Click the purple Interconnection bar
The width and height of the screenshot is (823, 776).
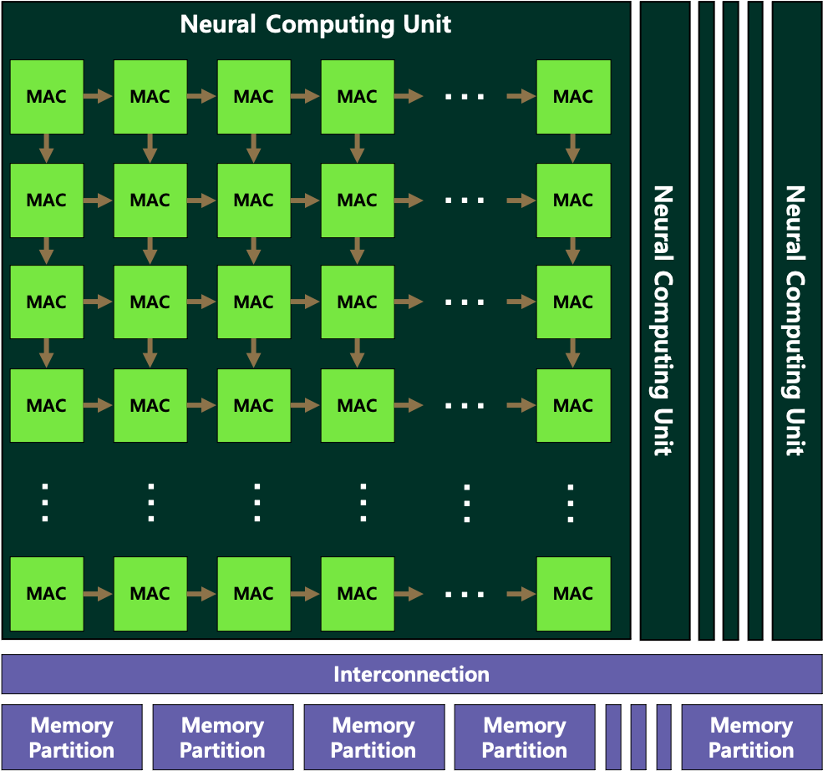click(x=411, y=674)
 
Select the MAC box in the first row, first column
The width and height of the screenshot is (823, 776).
click(x=47, y=97)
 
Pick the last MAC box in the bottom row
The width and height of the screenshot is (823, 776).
click(x=573, y=594)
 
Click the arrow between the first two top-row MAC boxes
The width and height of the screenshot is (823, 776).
click(x=99, y=97)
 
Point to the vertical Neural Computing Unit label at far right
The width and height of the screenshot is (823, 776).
click(x=795, y=320)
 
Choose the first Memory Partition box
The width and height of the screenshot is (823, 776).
click(x=72, y=738)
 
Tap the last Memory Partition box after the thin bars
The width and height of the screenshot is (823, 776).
click(x=750, y=738)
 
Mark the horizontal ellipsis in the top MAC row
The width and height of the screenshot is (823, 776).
click(x=465, y=97)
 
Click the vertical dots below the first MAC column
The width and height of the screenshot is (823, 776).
click(x=47, y=502)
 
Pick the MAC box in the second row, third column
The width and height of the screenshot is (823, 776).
click(x=254, y=200)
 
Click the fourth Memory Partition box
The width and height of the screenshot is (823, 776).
click(x=525, y=738)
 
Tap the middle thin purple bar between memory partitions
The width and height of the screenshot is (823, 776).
click(x=638, y=738)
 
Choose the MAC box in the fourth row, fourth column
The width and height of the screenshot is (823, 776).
click(x=358, y=406)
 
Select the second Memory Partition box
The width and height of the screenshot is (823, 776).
click(x=223, y=738)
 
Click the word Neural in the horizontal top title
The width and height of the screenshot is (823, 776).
click(x=218, y=23)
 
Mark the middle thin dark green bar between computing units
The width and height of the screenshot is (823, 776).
click(x=731, y=320)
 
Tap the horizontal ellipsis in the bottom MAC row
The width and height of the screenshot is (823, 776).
click(x=465, y=594)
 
